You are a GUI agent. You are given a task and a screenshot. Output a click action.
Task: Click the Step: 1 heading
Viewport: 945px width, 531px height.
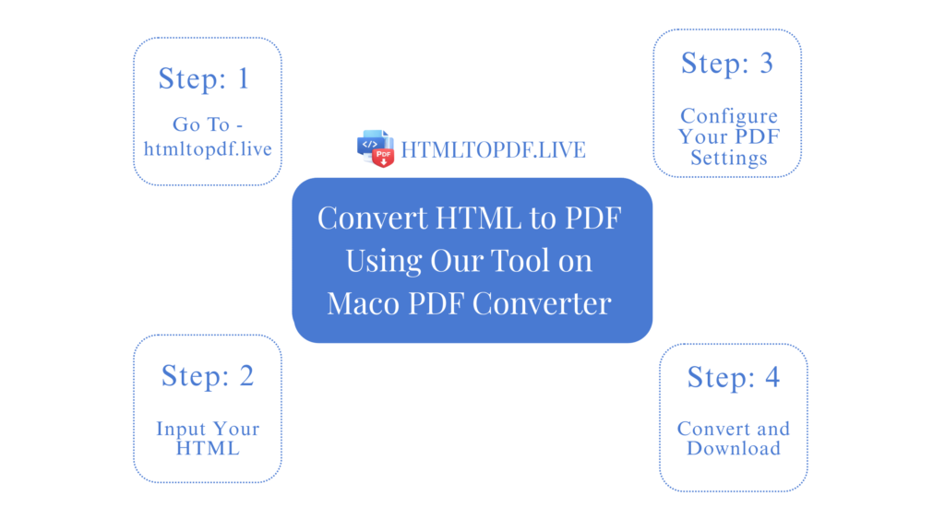pos(204,78)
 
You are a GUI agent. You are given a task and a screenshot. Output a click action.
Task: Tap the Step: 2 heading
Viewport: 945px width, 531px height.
pos(207,375)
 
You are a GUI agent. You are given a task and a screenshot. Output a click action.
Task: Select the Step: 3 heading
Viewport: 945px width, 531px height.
pos(727,63)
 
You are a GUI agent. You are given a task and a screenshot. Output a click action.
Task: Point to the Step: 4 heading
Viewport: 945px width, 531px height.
pos(733,377)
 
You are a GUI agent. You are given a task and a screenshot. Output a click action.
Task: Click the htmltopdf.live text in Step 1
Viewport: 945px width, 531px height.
pos(208,147)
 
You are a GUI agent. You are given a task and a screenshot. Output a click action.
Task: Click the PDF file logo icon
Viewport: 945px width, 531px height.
pos(376,148)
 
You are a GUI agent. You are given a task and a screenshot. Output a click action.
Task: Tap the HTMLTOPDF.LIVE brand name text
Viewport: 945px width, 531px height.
pos(493,149)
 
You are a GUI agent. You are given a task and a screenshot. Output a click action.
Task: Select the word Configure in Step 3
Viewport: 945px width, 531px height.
pos(729,117)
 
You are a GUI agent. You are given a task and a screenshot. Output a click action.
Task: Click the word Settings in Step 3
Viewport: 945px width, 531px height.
pos(728,158)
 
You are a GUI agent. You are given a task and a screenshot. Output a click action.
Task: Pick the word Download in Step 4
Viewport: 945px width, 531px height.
pos(733,449)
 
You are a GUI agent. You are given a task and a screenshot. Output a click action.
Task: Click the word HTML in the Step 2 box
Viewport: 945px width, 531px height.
pos(207,449)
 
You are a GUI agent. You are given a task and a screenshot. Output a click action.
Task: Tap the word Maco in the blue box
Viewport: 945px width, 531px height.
pos(360,303)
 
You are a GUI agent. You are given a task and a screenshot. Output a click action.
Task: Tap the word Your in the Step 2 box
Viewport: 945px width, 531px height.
pos(235,429)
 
